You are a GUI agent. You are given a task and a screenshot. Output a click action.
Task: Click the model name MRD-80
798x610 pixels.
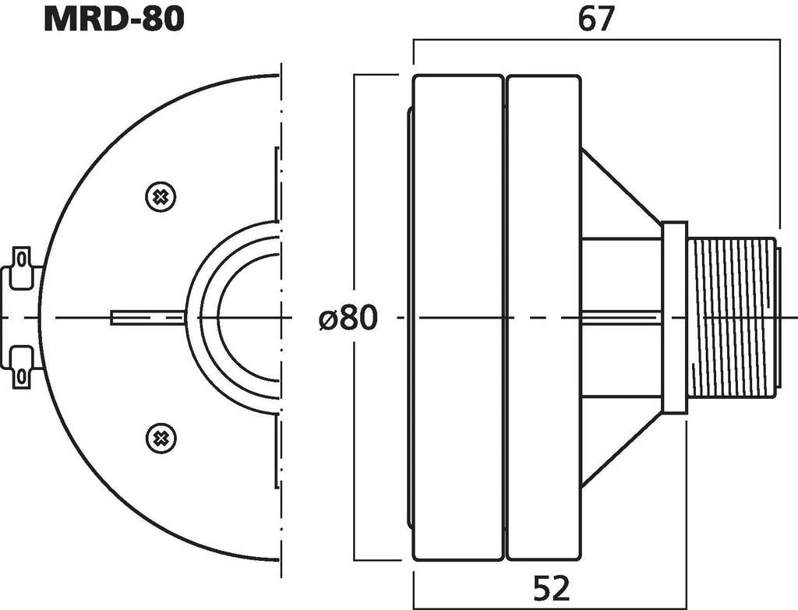pyautogui.click(x=114, y=19)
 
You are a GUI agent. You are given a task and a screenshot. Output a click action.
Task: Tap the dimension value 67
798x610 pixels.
pyautogui.click(x=596, y=19)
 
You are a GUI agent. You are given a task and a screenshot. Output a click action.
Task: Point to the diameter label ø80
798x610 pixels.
pyautogui.click(x=348, y=318)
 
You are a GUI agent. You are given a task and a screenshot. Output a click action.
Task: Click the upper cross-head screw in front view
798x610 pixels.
pyautogui.click(x=161, y=196)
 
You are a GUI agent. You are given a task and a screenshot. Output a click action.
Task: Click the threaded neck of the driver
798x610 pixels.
pyautogui.click(x=733, y=317)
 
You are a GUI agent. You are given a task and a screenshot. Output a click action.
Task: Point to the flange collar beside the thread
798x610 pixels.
pyautogui.click(x=675, y=317)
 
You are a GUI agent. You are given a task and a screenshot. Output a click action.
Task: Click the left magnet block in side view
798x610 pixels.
pyautogui.click(x=457, y=318)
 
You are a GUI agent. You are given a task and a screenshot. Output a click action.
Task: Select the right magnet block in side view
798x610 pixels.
pyautogui.click(x=543, y=318)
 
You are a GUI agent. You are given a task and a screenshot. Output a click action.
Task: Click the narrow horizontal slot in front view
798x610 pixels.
pyautogui.click(x=148, y=317)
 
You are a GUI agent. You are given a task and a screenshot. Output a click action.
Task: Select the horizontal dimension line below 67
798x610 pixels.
pyautogui.click(x=596, y=43)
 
